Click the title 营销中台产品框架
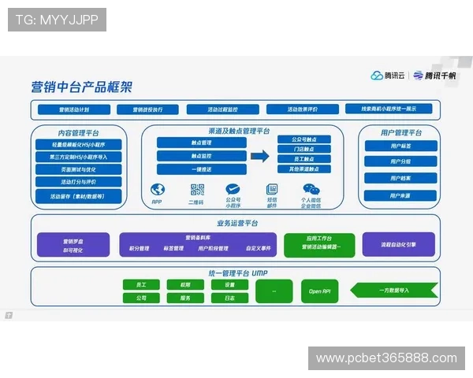point(81,87)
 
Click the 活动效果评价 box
point(302,109)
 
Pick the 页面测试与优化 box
point(78,169)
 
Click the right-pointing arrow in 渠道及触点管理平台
point(259,156)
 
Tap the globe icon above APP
point(157,190)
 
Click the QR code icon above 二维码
point(197,190)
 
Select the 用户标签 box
point(400,146)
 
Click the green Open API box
point(319,291)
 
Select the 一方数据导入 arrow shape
point(393,291)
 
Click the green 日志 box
point(229,298)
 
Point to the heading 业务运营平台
point(236,224)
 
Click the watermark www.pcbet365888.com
point(386,358)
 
